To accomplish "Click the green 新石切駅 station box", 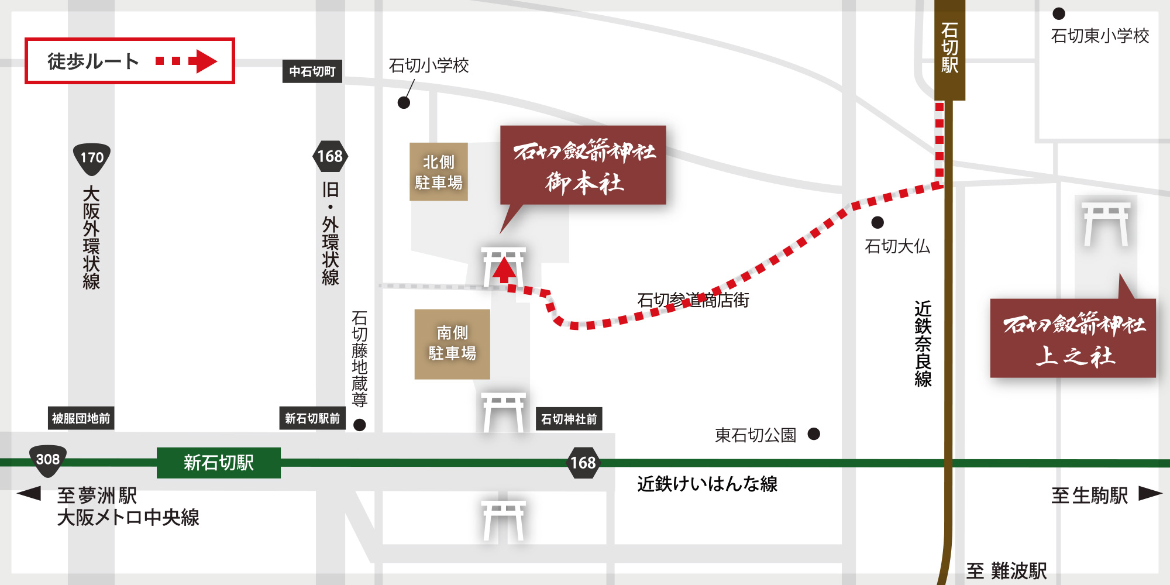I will (218, 463).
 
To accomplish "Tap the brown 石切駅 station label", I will (949, 50).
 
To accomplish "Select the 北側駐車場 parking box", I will (438, 172).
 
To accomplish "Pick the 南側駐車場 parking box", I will (452, 344).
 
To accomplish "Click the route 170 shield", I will (92, 158).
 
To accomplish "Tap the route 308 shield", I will (48, 460).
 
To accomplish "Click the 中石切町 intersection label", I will (312, 71).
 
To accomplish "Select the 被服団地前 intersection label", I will (81, 418).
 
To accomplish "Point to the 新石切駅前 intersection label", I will (312, 418).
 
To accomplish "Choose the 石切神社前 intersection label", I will (569, 419).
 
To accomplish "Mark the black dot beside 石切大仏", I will (877, 222).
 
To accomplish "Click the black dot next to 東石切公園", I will (814, 433).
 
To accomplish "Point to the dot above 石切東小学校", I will (1058, 13).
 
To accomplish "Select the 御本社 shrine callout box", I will (583, 165).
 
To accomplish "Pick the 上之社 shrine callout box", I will (1073, 338).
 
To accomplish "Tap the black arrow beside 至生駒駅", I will (1150, 494).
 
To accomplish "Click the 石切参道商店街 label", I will (693, 300).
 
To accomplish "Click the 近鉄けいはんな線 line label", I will (707, 484).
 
